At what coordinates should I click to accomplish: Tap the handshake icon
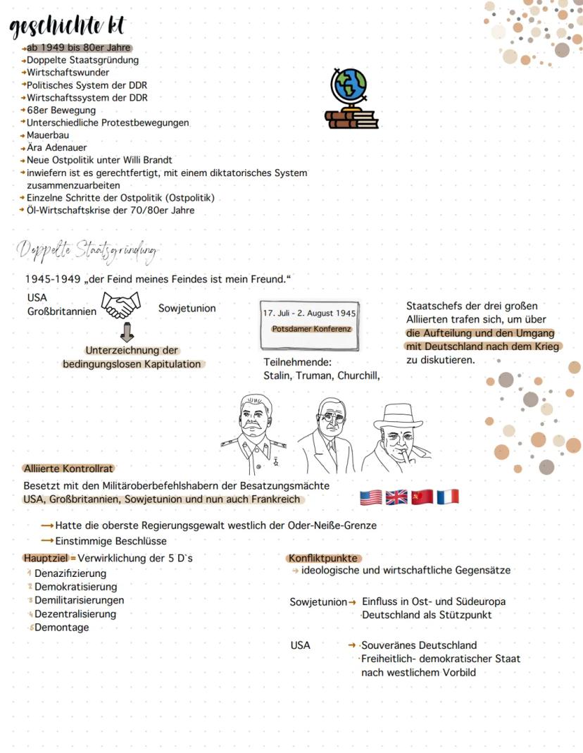click(121, 306)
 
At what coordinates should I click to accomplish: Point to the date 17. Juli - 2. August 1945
click(309, 313)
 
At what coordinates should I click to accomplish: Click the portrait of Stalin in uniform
click(254, 431)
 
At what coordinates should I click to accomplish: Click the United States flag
click(370, 497)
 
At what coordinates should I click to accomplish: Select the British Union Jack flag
click(396, 497)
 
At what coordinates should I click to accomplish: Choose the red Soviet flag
click(422, 497)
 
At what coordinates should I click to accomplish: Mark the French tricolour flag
click(447, 497)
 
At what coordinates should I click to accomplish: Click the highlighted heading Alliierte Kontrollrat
click(68, 468)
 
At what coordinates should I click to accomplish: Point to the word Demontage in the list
click(62, 628)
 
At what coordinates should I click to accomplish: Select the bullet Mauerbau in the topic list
click(48, 135)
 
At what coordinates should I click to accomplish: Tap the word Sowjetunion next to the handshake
click(187, 309)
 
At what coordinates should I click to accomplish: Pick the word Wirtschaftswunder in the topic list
click(68, 73)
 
